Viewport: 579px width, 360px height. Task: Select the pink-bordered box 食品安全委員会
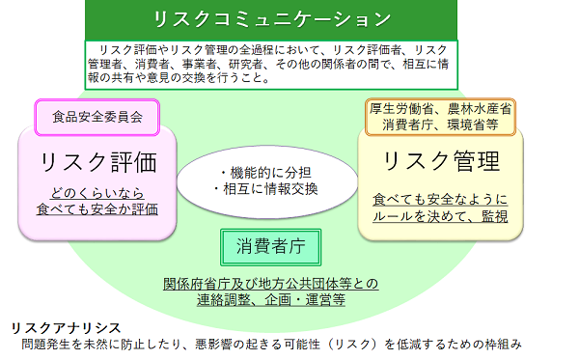96,118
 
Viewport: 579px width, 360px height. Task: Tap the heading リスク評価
96,159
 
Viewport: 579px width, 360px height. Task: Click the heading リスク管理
441,159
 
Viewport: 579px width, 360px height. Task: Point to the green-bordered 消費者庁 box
270,245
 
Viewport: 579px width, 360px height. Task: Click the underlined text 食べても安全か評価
96,208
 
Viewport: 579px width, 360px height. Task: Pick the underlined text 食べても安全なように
440,200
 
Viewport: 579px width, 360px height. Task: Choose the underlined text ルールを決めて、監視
440,217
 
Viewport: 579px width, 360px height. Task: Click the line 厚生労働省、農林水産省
440,109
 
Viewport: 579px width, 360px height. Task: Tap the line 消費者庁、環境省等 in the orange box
440,125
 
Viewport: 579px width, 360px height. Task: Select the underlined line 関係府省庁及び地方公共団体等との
271,284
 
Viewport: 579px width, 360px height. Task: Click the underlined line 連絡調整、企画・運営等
271,300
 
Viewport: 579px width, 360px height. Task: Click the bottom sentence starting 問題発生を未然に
271,344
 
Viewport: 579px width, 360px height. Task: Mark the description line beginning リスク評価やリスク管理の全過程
275,50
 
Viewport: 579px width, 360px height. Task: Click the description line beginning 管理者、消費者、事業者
275,65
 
